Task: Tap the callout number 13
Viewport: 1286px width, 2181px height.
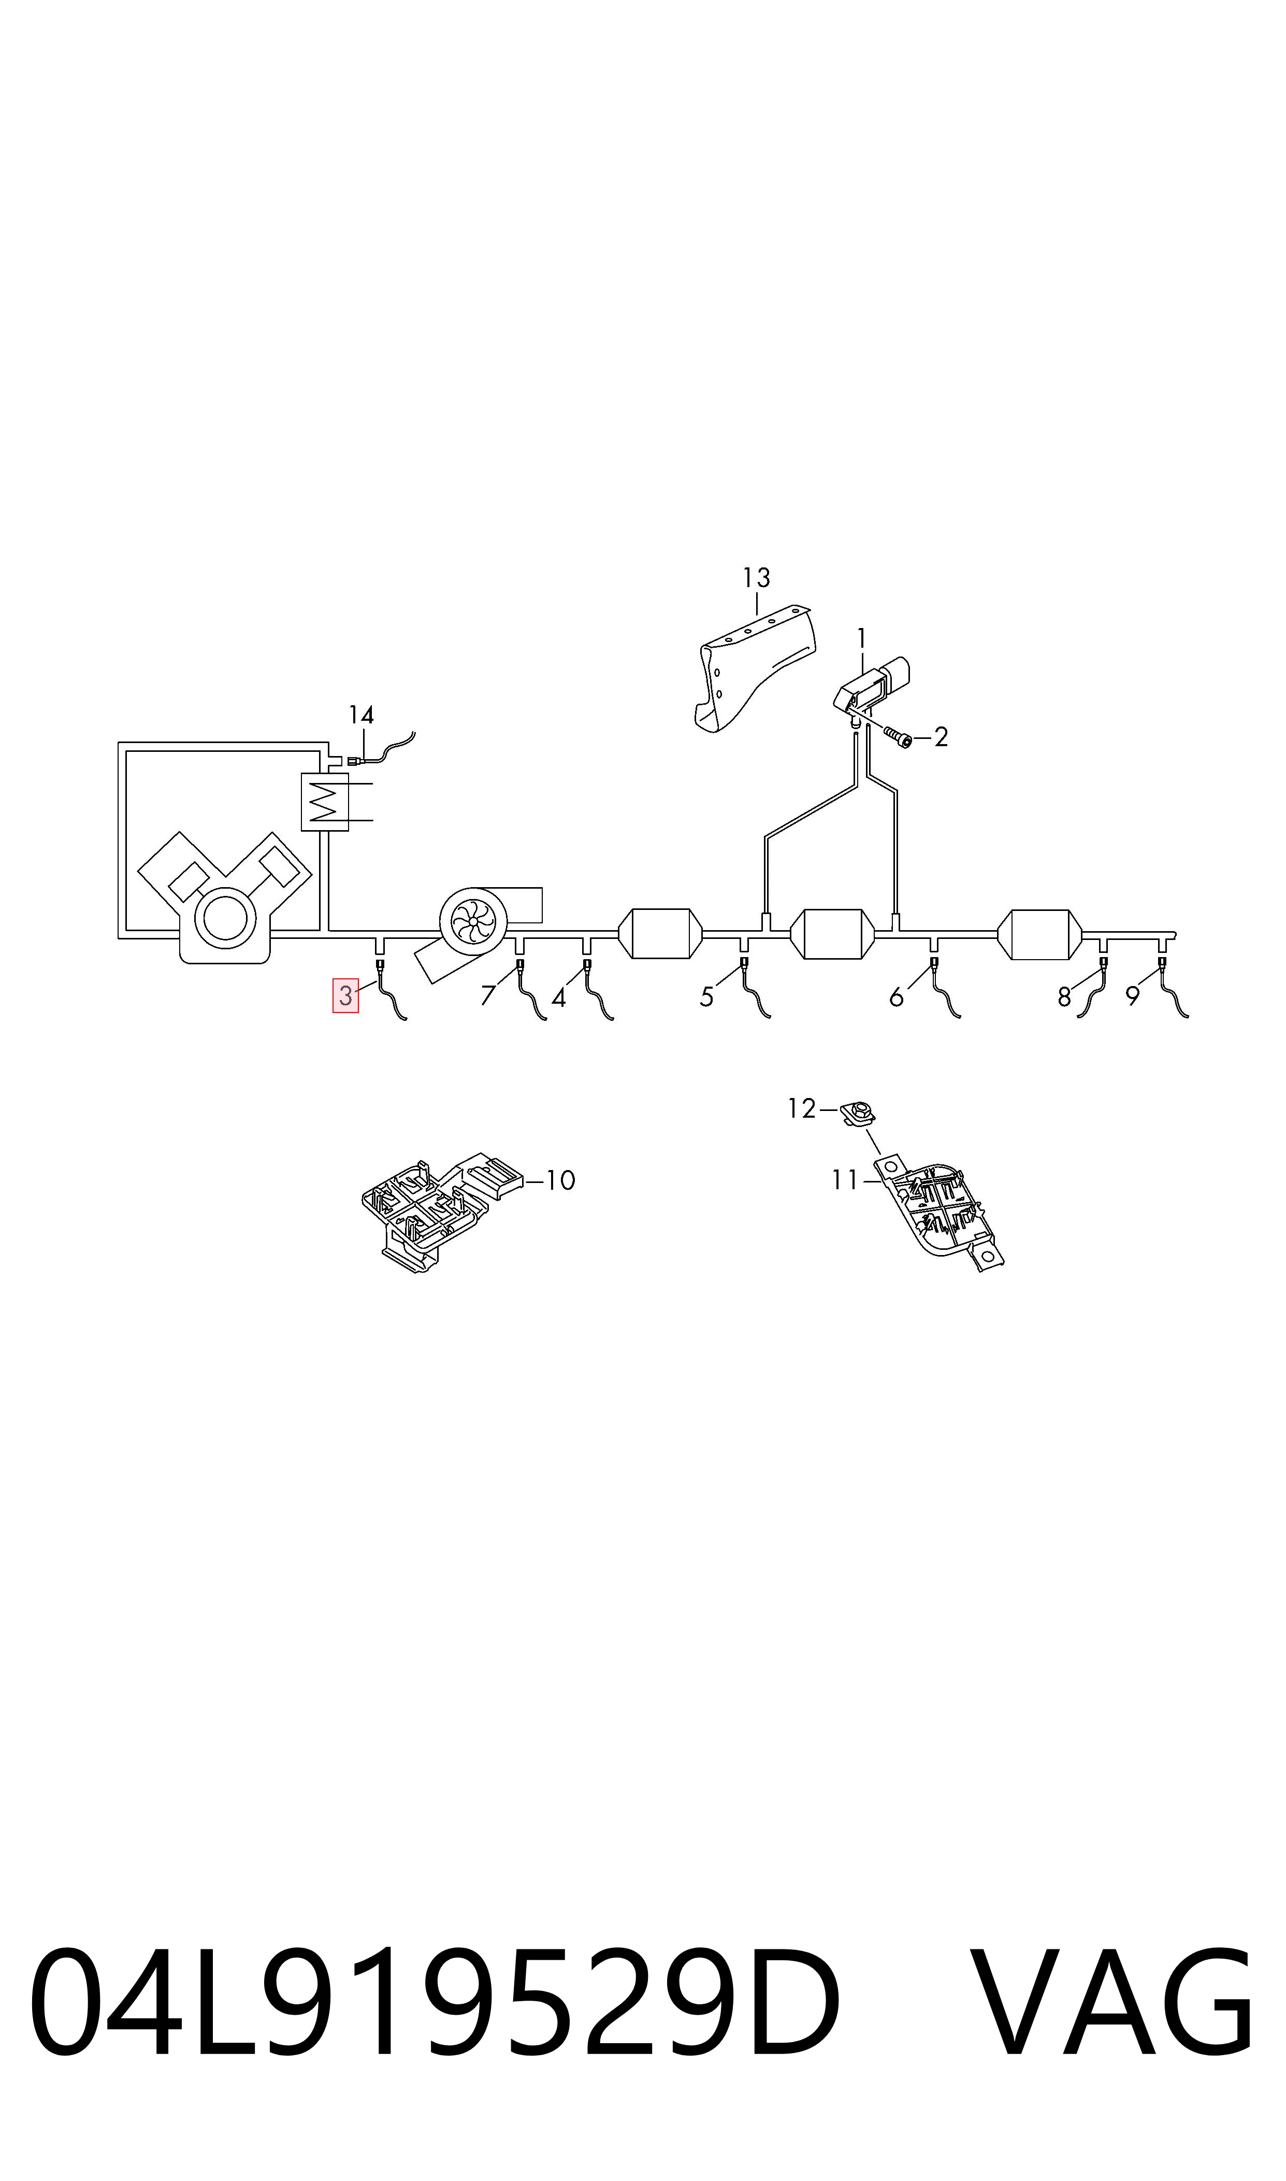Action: click(757, 577)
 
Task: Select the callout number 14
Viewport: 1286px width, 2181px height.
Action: click(362, 715)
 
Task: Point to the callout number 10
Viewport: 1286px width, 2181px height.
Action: click(561, 1180)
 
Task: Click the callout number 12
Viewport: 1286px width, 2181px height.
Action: click(802, 1109)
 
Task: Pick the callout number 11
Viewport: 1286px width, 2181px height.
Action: click(845, 1180)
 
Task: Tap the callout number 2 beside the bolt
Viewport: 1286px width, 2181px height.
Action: click(941, 737)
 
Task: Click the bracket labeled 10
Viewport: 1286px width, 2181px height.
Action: click(442, 1212)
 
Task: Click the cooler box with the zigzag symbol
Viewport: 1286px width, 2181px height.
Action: click(324, 801)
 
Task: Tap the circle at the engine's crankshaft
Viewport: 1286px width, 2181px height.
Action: click(225, 921)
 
